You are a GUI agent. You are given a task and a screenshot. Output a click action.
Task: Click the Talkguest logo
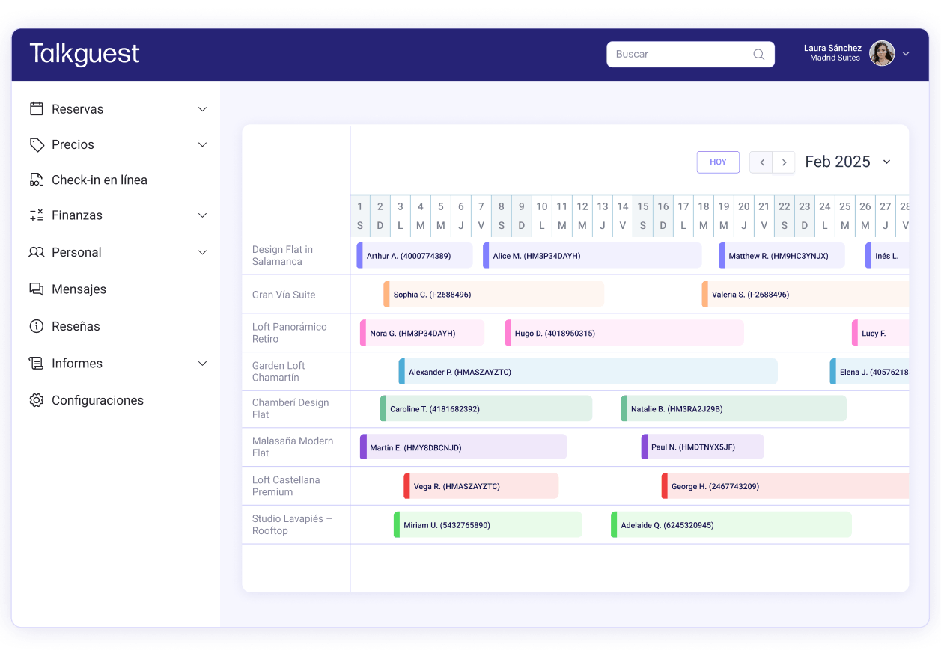click(x=85, y=54)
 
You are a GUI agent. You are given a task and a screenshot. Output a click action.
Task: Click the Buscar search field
click(x=681, y=55)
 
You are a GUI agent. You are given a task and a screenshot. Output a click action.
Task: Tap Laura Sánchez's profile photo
click(x=882, y=54)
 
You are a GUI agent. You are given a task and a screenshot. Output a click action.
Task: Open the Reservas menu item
click(x=78, y=109)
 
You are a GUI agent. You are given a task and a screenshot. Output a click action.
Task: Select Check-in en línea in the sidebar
click(x=99, y=180)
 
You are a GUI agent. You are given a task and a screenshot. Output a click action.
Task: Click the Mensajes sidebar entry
click(x=79, y=289)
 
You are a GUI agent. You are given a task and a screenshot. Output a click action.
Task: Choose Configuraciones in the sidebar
click(x=97, y=401)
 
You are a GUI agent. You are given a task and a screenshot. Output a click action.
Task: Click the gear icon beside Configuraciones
click(x=37, y=401)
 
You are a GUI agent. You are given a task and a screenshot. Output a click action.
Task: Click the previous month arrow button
click(x=761, y=162)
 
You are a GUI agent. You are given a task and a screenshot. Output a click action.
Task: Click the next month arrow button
click(x=784, y=162)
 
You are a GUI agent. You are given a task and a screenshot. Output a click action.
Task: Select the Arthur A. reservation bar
click(x=415, y=256)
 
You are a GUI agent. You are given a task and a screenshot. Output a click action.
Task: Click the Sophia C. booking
click(x=494, y=295)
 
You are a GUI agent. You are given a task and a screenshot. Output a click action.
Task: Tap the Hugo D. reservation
click(x=624, y=334)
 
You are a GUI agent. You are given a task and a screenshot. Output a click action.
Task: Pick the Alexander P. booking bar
click(x=588, y=372)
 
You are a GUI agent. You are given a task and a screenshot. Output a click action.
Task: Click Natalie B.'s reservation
click(x=734, y=409)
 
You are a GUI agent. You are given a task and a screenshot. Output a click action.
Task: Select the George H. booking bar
click(x=785, y=487)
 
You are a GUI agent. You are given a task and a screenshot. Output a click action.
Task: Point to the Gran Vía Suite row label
click(x=284, y=295)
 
